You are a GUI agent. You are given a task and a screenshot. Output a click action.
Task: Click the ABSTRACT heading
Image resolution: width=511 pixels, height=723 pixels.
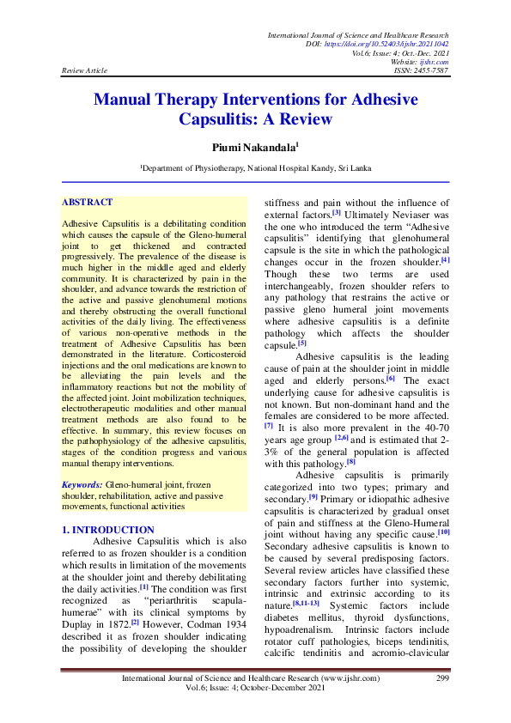[87, 203]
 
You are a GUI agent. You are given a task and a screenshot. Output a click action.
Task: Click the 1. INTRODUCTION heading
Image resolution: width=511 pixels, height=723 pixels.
[108, 530]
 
